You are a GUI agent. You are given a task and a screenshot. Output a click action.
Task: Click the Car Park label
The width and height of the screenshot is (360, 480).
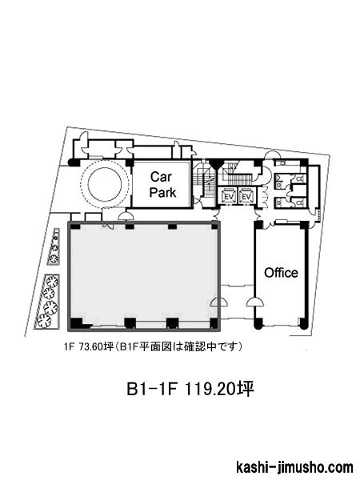coord(162,185)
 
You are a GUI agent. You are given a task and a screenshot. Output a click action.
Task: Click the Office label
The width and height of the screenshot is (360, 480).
coord(281,273)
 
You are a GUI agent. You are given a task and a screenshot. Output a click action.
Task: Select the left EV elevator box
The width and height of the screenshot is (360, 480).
coord(228,196)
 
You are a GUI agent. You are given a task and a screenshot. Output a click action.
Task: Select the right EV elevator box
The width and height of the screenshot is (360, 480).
coord(246,196)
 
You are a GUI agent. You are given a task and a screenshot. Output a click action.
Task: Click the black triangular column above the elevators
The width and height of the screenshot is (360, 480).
coord(216,164)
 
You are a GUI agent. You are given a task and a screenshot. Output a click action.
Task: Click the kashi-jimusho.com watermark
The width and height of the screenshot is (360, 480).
coord(294,468)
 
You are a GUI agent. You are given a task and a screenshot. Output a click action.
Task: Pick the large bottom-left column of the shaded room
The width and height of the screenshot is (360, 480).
coord(77,322)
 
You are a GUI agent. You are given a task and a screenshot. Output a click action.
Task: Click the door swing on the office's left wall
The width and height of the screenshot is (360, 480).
coord(254,302)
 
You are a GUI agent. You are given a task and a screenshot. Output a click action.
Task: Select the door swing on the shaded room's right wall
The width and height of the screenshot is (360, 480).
coord(220,302)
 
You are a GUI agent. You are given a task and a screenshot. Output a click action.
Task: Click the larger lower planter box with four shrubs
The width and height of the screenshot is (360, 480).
coord(47,302)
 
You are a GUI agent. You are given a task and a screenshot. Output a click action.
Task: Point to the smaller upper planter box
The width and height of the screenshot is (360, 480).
coord(55,246)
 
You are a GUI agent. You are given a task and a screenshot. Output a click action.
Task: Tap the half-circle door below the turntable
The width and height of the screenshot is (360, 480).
coord(126,217)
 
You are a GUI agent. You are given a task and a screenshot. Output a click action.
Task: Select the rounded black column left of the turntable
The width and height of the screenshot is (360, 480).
coord(74,162)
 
